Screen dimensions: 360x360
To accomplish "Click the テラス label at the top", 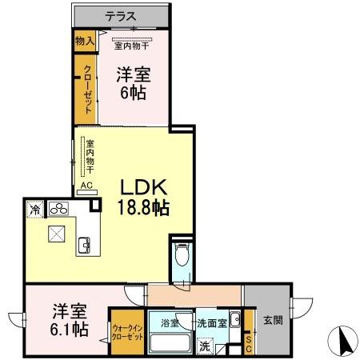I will coord(121,15).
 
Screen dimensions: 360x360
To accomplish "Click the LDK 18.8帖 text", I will coord(144,197).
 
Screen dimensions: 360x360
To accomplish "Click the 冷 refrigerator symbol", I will coord(35,209).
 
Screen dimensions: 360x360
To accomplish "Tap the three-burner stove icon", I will coord(58,209).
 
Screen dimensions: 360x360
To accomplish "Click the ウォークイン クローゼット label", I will coord(128,332).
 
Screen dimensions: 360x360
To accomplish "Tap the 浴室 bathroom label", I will coord(170,323).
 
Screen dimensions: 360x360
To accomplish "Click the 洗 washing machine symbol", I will coord(206,346).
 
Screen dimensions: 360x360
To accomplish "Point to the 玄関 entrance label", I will coord(272,321).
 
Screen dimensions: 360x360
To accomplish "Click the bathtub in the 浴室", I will coord(168,345).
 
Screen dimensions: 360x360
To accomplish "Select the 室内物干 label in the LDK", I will coord(90,157).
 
